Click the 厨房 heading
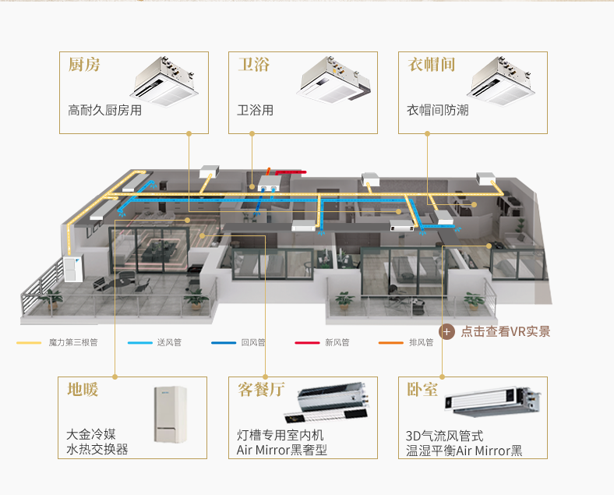click(84, 65)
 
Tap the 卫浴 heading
click(253, 65)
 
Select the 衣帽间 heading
click(431, 65)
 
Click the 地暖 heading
click(83, 389)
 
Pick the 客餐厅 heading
click(261, 389)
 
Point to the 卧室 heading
click(422, 389)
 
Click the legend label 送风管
click(168, 342)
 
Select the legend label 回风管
click(252, 342)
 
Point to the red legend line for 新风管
click(306, 342)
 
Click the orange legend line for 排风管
click(390, 342)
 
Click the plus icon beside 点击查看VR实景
click(447, 331)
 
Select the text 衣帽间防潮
click(437, 111)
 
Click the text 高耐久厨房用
click(105, 111)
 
